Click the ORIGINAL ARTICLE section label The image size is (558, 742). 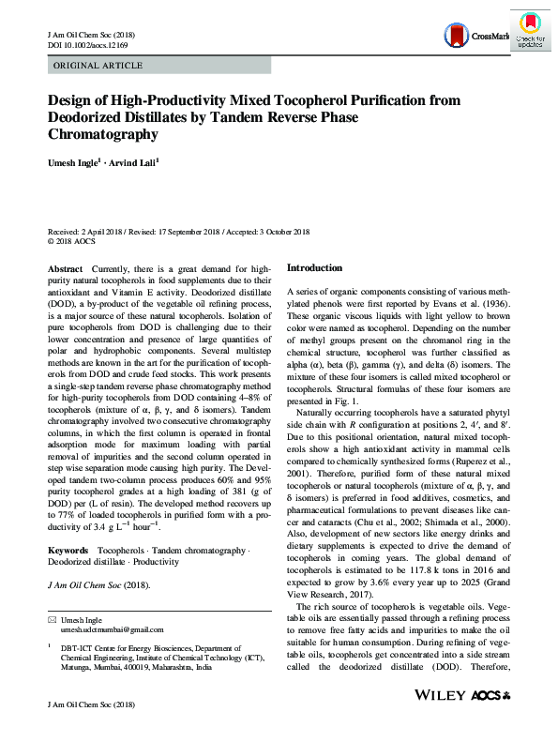98,66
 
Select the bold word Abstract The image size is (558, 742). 65,269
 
